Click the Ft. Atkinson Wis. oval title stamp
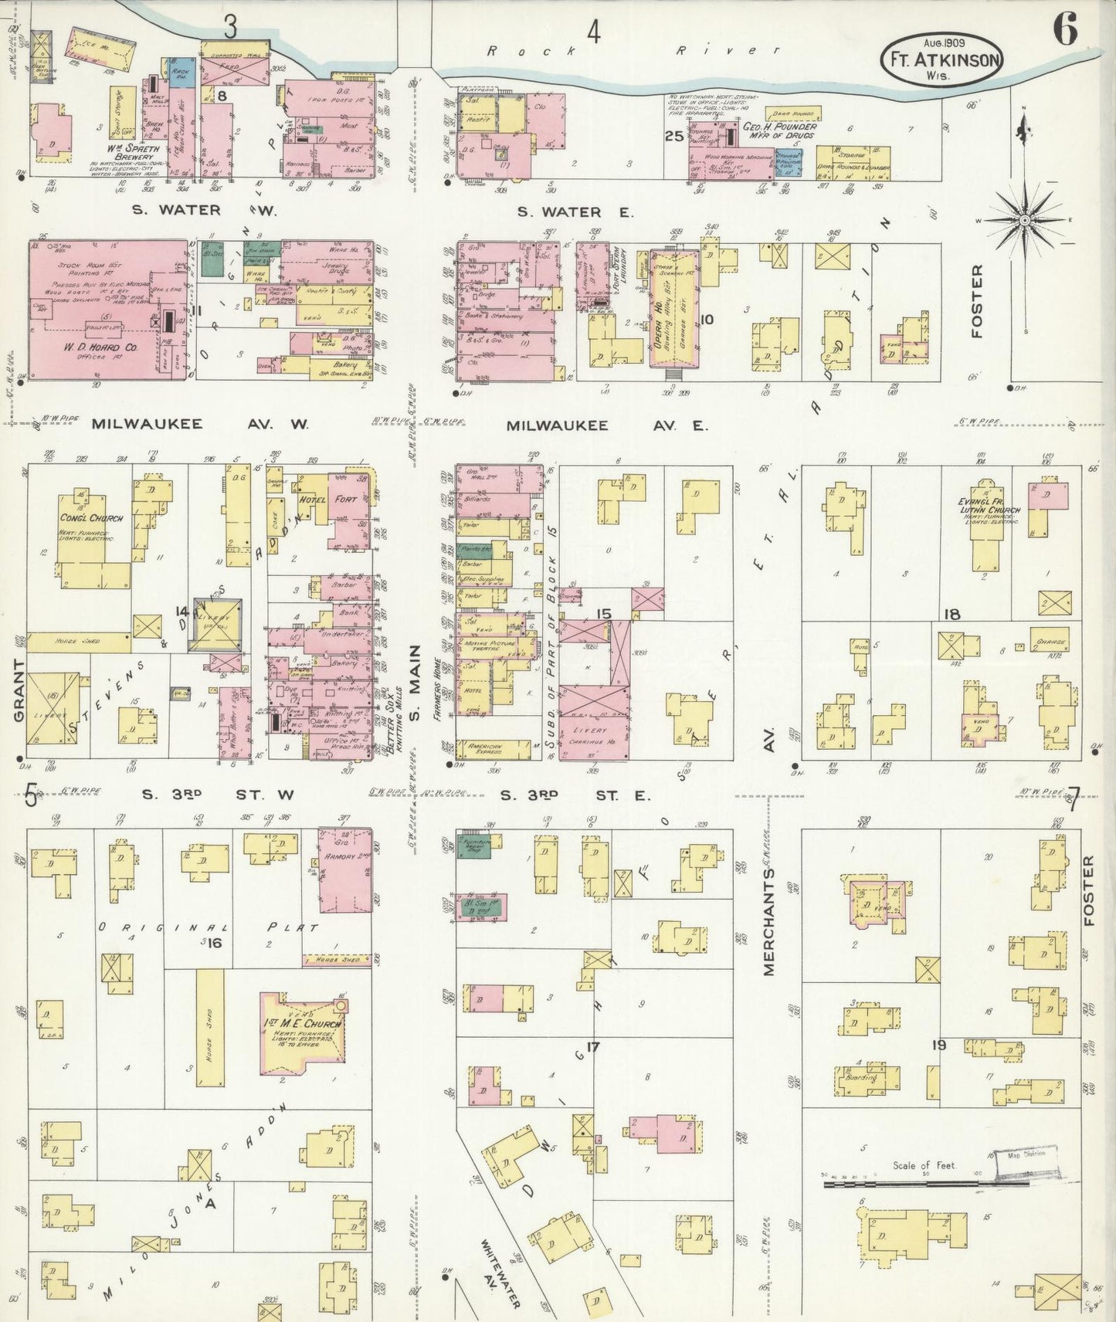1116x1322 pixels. (x=942, y=59)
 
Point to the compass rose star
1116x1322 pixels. (x=1024, y=221)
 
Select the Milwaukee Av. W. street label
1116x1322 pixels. (x=199, y=424)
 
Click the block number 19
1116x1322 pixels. (x=938, y=1046)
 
